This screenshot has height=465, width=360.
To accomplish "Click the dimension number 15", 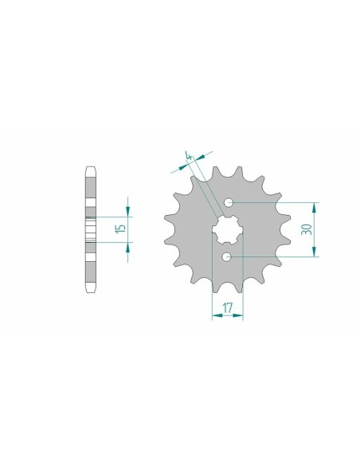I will [x=119, y=230].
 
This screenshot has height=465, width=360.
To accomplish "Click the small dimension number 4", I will [x=189, y=155].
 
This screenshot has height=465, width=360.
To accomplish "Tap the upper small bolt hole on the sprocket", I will [x=229, y=204].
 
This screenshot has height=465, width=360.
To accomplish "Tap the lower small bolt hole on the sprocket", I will [x=228, y=256].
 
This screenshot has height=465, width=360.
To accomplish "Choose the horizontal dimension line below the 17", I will [x=227, y=316].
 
